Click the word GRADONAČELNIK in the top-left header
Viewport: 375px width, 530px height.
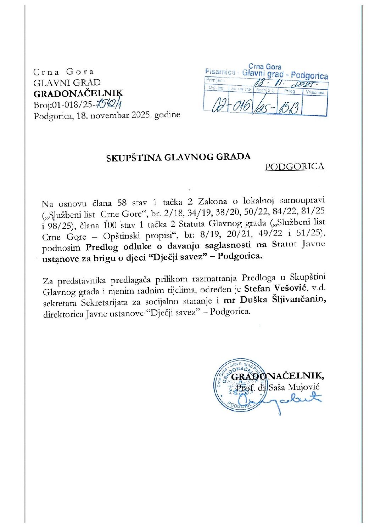78,93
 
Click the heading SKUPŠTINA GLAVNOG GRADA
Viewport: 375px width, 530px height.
179,157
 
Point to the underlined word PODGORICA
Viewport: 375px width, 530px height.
294,167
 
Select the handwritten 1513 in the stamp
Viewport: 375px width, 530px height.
290,106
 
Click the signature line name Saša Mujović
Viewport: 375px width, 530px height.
294,387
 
